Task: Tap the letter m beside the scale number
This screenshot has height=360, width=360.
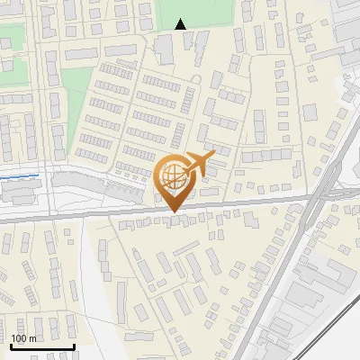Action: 32,338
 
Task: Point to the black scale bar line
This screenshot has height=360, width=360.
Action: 41,346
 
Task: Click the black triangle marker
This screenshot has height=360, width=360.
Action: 181,24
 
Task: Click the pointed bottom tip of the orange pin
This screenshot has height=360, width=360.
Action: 173,211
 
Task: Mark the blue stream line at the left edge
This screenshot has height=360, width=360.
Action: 18,176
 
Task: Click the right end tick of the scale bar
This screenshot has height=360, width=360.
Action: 74,346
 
